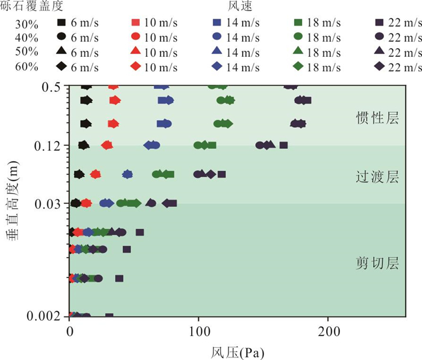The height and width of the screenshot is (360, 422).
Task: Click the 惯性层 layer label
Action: [377, 118]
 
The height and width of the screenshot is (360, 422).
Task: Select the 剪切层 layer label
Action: [377, 264]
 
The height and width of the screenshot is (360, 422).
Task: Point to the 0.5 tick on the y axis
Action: [54, 87]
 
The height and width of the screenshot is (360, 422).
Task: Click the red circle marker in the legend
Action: [136, 37]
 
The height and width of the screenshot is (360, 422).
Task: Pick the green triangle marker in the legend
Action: [298, 51]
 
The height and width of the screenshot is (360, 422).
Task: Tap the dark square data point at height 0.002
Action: [109, 316]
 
